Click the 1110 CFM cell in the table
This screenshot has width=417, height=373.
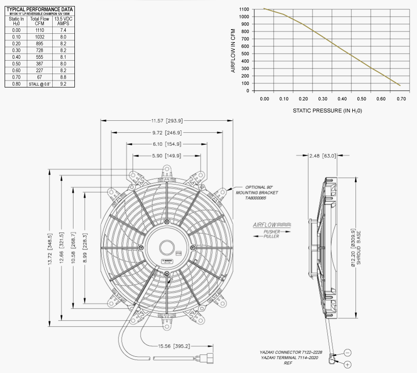tap(39, 29)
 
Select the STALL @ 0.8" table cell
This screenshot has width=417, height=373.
tap(39, 84)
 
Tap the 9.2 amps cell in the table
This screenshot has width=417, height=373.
tap(63, 84)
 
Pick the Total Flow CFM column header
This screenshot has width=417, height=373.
tap(39, 21)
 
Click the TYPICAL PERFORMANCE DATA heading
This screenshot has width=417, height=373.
tap(39, 9)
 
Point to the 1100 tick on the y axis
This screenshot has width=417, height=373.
tap(245, 9)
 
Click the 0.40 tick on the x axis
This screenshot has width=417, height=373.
tap(342, 99)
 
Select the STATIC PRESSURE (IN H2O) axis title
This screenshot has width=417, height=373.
tap(327, 111)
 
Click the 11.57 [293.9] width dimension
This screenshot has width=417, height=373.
tap(167, 121)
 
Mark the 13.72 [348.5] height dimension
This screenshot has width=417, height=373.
tap(50, 248)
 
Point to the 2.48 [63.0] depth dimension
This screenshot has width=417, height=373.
tap(322, 155)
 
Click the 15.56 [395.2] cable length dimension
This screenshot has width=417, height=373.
tap(174, 346)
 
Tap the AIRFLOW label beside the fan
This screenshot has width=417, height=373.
tap(265, 225)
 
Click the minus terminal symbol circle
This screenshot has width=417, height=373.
tap(347, 353)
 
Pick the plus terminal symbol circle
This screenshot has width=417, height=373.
tap(347, 365)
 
